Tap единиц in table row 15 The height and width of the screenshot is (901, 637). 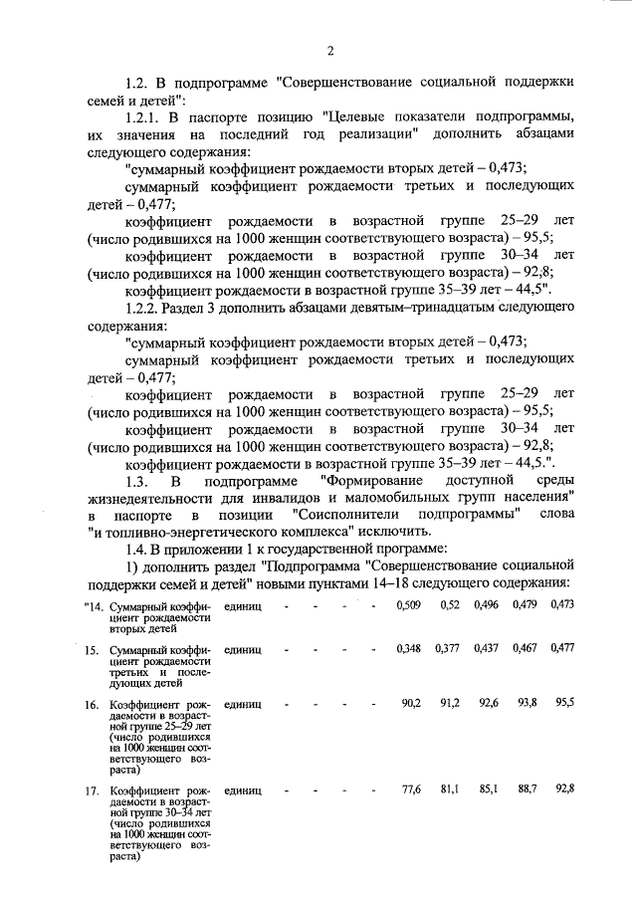pos(243,649)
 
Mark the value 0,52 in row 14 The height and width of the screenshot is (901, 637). pos(450,605)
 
